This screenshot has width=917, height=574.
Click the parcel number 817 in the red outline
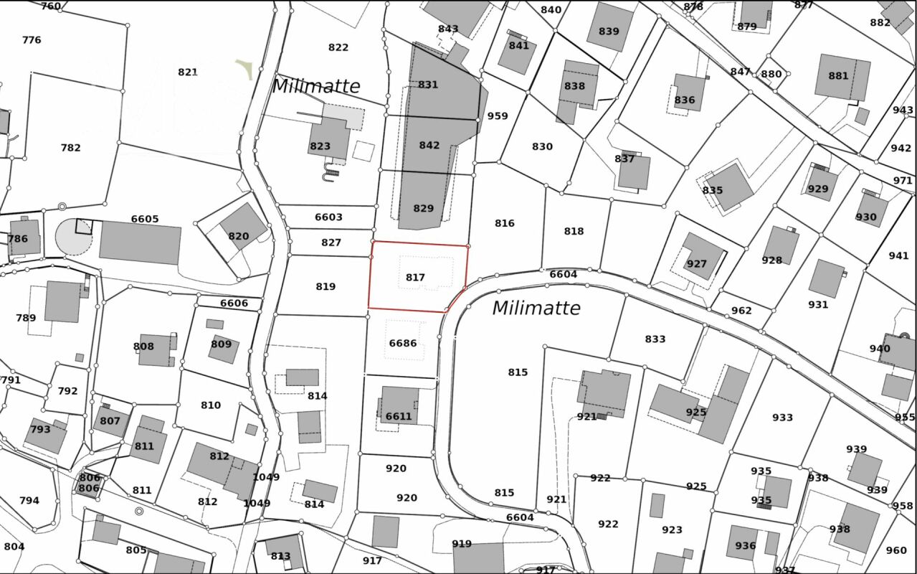coord(415,277)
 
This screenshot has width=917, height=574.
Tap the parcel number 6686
coord(402,343)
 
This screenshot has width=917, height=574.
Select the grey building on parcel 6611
coord(399,404)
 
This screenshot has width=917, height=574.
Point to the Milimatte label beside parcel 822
coord(316,86)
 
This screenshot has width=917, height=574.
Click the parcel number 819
coord(326,286)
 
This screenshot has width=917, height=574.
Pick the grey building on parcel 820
coord(242,226)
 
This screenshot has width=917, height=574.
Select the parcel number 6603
coord(328,217)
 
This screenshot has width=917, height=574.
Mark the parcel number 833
coord(655,339)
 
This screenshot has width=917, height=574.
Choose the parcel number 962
coord(741,310)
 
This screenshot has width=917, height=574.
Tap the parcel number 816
coord(505,223)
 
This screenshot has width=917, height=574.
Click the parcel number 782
coord(71,148)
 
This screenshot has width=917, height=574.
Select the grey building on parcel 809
coord(223,348)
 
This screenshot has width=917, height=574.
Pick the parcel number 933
coord(782,417)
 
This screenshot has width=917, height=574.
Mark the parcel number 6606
coord(234,303)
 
